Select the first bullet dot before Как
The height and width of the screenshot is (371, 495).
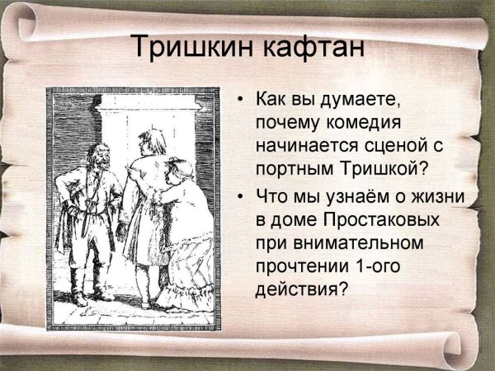(240, 101)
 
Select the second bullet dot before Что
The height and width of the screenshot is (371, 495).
(240, 198)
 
